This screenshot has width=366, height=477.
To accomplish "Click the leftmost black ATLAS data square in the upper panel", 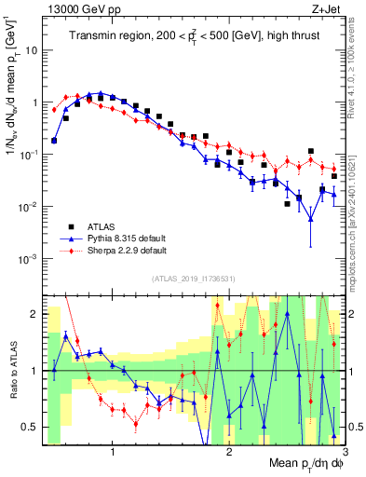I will (x=54, y=141).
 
